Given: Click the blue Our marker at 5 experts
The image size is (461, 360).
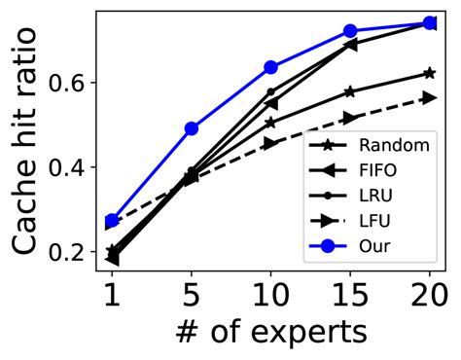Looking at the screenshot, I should (x=192, y=128).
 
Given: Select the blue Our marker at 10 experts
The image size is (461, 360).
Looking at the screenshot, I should (x=271, y=67).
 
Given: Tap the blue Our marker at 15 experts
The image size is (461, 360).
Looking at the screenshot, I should (x=351, y=31).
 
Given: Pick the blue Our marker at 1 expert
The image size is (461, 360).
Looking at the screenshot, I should (x=113, y=221).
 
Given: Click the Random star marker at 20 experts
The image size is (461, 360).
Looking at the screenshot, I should (x=429, y=73).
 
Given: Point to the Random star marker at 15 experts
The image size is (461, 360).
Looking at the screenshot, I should (x=351, y=91).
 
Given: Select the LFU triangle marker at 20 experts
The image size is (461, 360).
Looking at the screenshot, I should (x=429, y=97).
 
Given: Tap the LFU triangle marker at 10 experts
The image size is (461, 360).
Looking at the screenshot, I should (x=271, y=143).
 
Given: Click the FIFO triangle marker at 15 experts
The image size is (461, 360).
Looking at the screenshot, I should (x=351, y=44).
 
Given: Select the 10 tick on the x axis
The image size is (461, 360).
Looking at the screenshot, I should (x=271, y=293).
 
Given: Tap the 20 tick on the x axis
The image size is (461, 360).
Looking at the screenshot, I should (x=429, y=293).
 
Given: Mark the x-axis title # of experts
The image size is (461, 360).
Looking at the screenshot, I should (x=271, y=332).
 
